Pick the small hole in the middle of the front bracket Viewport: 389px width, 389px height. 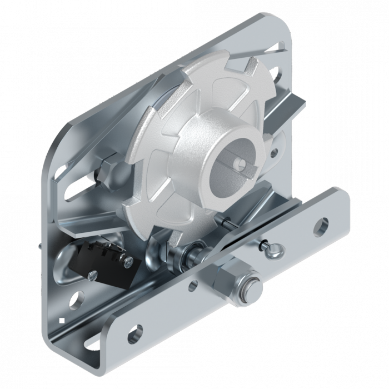click(x=192, y=286)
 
